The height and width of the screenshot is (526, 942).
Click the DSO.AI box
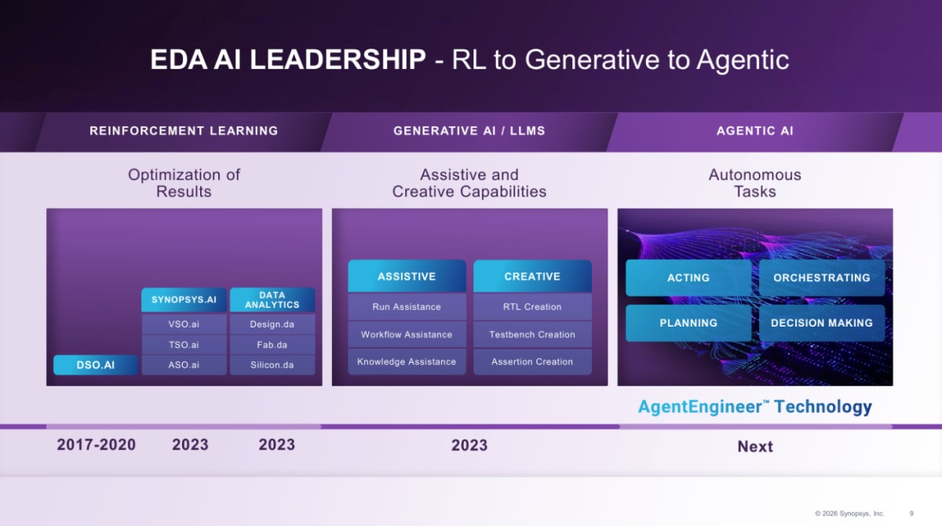pyautogui.click(x=96, y=364)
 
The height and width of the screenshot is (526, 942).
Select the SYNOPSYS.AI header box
pyautogui.click(x=184, y=300)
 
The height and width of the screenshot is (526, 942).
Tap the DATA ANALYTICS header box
pyautogui.click(x=272, y=300)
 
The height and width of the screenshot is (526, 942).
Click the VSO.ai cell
pyautogui.click(x=184, y=324)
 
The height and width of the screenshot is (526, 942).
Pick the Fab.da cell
pyautogui.click(x=272, y=345)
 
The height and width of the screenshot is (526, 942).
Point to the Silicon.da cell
pyautogui.click(x=272, y=365)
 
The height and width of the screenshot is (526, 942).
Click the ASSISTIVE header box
pyautogui.click(x=407, y=276)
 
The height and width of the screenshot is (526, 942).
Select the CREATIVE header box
pyautogui.click(x=532, y=276)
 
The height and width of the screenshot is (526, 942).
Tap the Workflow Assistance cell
pyautogui.click(x=407, y=334)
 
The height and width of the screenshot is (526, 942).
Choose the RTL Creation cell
pyautogui.click(x=532, y=307)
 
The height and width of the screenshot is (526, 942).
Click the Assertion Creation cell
pyautogui.click(x=532, y=362)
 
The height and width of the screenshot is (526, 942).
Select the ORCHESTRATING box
pyautogui.click(x=822, y=277)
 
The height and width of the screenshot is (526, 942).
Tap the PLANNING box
pyautogui.click(x=688, y=323)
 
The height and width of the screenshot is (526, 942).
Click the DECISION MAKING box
pyautogui.click(x=822, y=323)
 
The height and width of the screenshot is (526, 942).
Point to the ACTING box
pyautogui.click(x=688, y=277)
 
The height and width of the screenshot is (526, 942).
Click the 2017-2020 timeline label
pyautogui.click(x=97, y=445)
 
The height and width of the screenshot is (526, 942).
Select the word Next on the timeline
pyautogui.click(x=755, y=447)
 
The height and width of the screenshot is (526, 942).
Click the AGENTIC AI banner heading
pyautogui.click(x=755, y=131)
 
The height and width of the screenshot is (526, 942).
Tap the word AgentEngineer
pyautogui.click(x=699, y=407)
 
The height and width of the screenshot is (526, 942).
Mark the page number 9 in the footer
pyautogui.click(x=911, y=513)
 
